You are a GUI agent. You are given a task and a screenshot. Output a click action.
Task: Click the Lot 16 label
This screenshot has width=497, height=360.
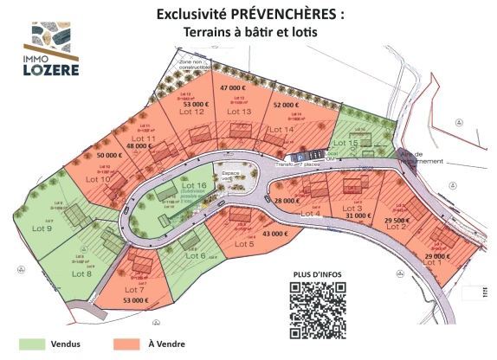194,186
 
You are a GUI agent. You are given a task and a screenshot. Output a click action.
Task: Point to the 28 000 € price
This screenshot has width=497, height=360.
286,200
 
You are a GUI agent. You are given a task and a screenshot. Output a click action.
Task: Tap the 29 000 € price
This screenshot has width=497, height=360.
438,256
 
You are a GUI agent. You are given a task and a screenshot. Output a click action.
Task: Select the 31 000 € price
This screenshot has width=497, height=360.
358,215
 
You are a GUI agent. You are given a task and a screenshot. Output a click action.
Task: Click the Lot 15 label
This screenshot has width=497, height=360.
346,143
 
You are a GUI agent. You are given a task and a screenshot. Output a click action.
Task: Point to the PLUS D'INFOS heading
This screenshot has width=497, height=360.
317,274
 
